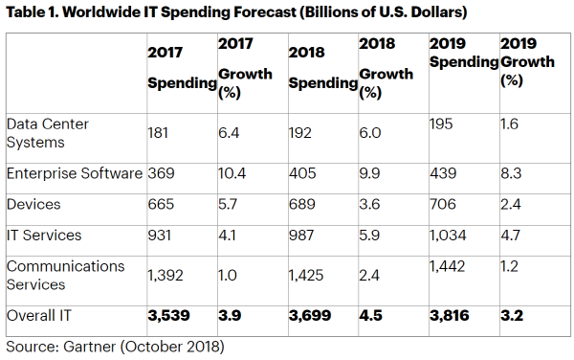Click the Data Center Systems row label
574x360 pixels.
[48, 133]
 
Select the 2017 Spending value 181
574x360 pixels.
[158, 132]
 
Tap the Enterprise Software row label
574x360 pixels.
[75, 173]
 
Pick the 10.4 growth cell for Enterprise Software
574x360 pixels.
[232, 173]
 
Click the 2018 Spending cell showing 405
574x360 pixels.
[302, 173]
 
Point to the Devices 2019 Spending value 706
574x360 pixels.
[443, 204]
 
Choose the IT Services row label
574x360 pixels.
[44, 236]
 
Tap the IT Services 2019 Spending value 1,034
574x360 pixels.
[448, 236]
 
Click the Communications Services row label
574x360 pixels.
[65, 276]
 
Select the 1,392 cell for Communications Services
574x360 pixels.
[166, 276]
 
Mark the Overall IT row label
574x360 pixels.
[39, 316]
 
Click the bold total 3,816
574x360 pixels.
[450, 316]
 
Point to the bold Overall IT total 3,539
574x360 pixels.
[168, 316]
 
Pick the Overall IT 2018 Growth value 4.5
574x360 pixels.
[370, 316]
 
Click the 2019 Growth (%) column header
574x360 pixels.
[527, 61]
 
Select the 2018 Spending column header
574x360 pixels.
[323, 68]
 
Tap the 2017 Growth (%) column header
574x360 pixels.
[245, 68]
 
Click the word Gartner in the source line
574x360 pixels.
[90, 347]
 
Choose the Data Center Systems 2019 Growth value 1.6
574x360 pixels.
[509, 124]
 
